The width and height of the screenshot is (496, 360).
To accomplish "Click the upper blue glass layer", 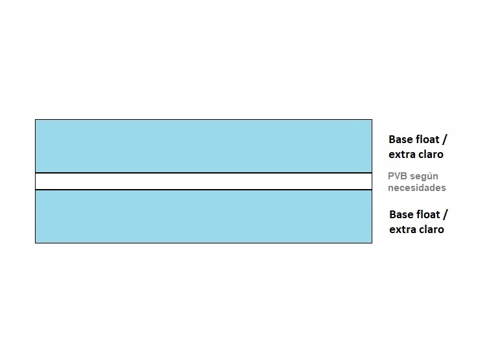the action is pos(203,146).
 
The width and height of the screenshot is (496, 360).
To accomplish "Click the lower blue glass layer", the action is pos(203,217).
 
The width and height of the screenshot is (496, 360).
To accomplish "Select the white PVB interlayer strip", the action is pos(203,181).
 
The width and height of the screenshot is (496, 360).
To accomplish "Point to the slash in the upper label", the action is pos(444,139).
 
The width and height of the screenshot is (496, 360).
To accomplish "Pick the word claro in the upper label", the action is pos(429,154).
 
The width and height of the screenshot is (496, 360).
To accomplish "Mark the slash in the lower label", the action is pos(445,215).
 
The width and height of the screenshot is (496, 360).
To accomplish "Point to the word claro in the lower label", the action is pos(429,229).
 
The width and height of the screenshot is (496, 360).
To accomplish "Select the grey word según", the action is pos(423,177).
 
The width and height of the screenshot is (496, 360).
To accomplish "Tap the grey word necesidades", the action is pos(417,188).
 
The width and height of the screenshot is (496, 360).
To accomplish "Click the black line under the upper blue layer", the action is pos(203,173).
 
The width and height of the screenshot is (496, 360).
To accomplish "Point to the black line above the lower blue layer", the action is pos(203,190).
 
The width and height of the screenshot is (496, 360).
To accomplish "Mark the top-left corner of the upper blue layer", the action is pos(35,120).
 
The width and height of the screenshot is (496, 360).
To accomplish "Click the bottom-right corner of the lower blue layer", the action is pos(372,243).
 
